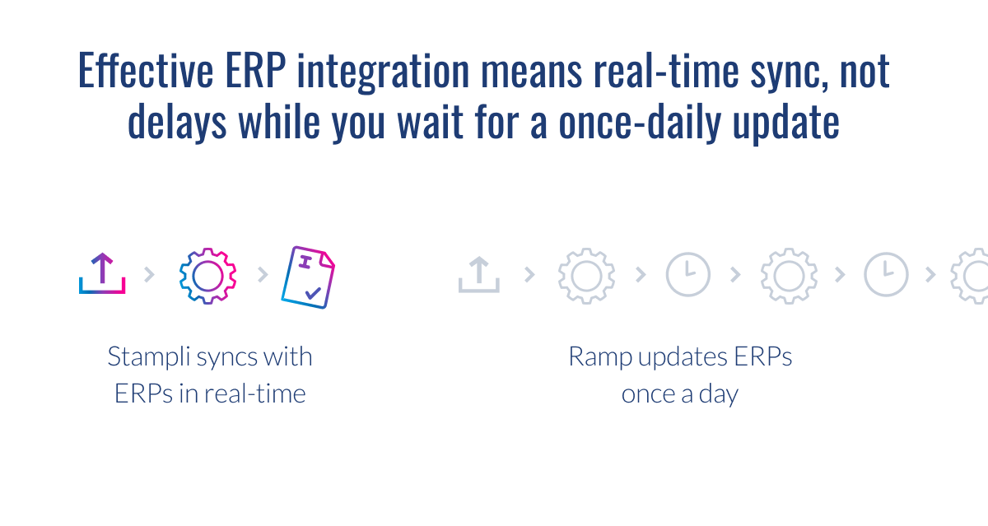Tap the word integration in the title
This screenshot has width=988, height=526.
click(382, 72)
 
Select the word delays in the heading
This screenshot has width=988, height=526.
click(176, 123)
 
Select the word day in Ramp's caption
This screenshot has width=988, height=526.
click(716, 393)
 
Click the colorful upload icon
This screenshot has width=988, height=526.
click(102, 274)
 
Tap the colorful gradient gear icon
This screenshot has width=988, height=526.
click(207, 275)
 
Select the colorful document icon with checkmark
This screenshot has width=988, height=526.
click(308, 277)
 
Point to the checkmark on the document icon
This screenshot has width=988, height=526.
click(313, 291)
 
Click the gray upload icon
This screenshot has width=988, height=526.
click(479, 274)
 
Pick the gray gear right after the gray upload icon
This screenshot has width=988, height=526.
click(586, 275)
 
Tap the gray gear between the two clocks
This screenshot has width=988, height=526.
click(788, 275)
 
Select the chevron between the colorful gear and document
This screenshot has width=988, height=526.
click(263, 275)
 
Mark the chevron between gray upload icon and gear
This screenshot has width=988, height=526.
click(529, 275)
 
